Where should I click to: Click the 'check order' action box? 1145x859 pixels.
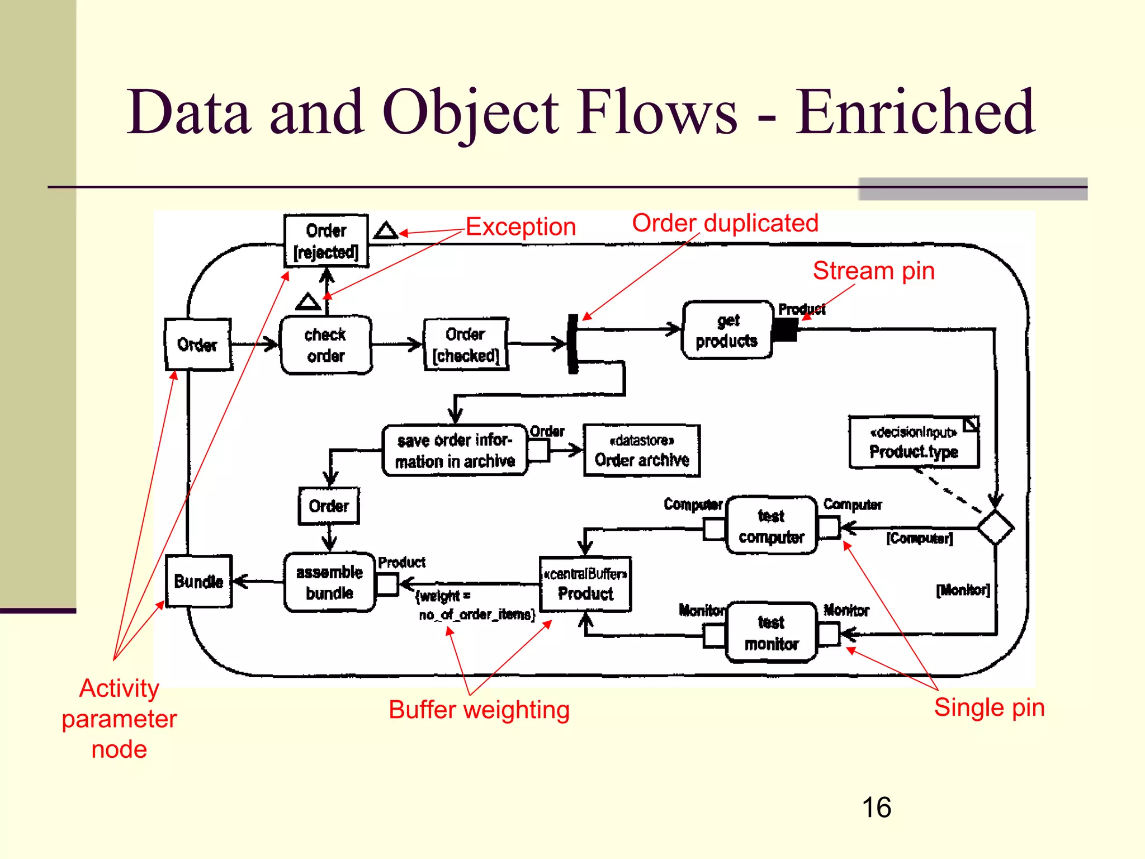click(326, 345)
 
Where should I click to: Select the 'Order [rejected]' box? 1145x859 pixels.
click(326, 241)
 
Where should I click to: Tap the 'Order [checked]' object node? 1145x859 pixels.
click(466, 344)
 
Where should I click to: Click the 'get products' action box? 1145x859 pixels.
click(727, 330)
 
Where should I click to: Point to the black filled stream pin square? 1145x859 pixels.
click(785, 329)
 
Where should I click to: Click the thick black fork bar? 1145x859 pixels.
click(572, 343)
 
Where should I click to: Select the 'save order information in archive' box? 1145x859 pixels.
click(455, 451)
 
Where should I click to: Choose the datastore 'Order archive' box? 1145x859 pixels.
click(641, 451)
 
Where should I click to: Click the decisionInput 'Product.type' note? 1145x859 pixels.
click(914, 442)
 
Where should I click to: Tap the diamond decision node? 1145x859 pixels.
click(995, 527)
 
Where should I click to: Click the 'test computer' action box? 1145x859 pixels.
click(771, 526)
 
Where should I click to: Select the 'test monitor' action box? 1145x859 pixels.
click(771, 633)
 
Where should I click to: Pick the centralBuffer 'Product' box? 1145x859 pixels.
click(585, 584)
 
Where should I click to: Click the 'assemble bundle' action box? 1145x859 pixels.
click(329, 582)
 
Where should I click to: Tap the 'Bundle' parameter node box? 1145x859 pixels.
click(198, 582)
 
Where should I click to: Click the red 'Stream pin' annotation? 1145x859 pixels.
click(873, 271)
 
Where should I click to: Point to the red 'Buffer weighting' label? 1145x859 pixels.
click(479, 710)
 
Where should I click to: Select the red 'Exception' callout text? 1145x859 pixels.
click(521, 227)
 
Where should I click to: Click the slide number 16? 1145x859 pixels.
click(876, 808)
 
